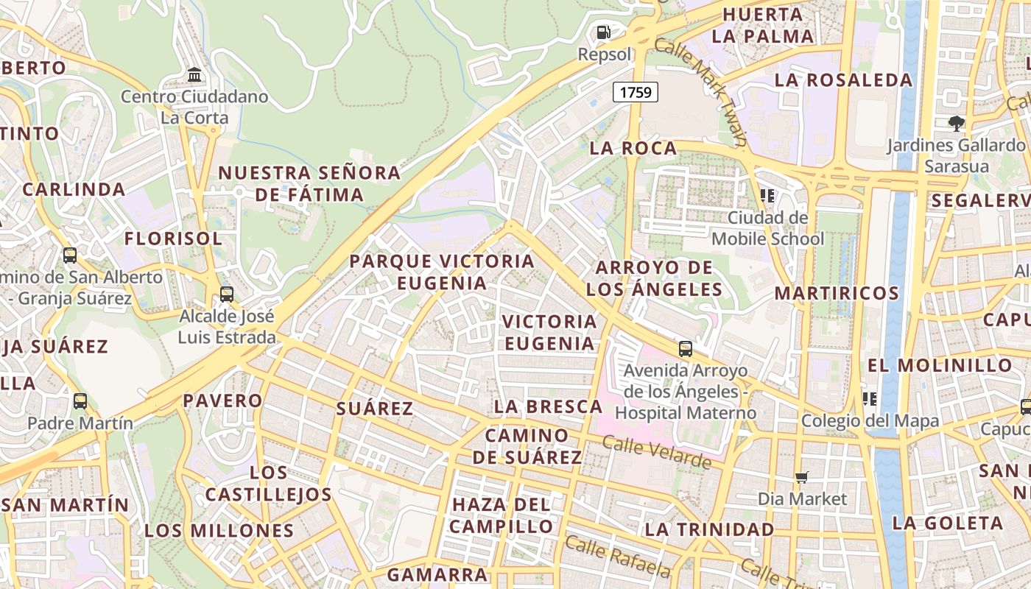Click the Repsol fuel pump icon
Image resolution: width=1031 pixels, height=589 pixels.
coord(603,32)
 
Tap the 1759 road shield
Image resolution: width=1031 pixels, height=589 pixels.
coord(635,92)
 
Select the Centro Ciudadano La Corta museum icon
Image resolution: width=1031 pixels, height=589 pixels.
coord(194,75)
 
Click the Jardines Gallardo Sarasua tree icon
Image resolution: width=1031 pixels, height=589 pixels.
coord(957,123)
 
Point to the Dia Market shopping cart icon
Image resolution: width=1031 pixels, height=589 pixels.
coord(802,478)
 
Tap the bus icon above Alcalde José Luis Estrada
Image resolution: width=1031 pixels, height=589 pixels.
coord(227,294)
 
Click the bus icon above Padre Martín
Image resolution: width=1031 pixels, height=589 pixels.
coord(80,401)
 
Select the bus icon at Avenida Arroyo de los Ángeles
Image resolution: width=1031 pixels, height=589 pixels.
coord(686,349)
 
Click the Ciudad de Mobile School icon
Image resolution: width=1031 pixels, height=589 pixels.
coord(767,196)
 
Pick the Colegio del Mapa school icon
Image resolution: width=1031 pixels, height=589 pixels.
coord(870,399)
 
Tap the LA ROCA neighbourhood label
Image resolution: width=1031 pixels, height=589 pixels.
coord(633,148)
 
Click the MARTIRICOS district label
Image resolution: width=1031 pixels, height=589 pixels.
coord(837,293)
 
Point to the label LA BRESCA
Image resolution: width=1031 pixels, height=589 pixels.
coord(548,406)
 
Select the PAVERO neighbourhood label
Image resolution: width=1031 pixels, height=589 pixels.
coord(222,401)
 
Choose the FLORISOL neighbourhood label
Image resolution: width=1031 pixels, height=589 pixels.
coord(173,239)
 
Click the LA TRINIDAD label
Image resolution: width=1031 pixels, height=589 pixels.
coord(709,529)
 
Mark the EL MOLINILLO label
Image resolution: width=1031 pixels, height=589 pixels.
coord(940,365)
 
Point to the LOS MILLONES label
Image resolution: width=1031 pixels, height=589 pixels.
coord(219,530)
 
